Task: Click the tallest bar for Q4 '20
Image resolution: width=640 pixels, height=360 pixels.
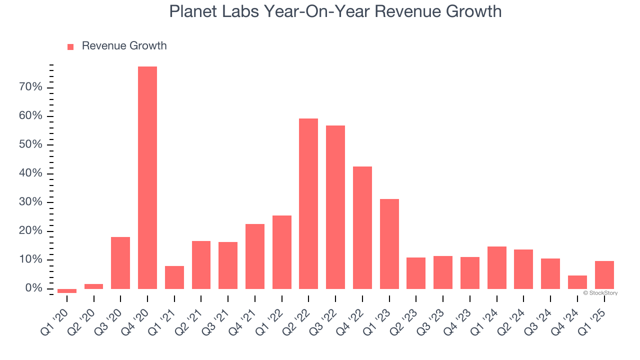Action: pos(147,177)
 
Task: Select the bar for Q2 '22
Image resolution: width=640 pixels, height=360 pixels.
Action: pos(308,203)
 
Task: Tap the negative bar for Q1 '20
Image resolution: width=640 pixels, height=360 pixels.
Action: pos(67,290)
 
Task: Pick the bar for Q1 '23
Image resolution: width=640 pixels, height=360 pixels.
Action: pos(389,243)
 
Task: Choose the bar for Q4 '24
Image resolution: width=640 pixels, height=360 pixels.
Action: pos(577,282)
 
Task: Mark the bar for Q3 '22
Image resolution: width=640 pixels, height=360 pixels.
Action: pos(335,207)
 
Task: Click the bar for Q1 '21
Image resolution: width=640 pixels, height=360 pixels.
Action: pos(174,277)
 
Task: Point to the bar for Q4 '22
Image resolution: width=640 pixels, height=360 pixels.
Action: pos(362,227)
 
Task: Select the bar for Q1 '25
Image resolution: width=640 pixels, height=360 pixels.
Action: pos(604,274)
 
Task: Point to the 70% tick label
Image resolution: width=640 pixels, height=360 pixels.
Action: pos(30,87)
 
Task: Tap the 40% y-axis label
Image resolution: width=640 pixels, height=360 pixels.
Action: pos(30,173)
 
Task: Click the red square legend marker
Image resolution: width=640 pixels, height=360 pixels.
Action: pos(70,46)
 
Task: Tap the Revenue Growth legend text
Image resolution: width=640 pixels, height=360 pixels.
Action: pos(124,46)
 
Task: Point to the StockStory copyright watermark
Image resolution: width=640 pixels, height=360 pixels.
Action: pos(600,293)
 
